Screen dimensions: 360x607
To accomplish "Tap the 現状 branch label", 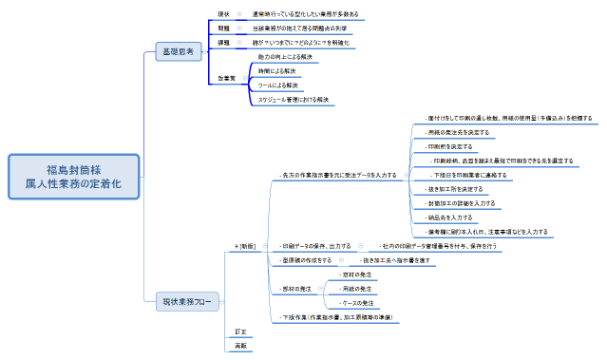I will [x=224, y=15].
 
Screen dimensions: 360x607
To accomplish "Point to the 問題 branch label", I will [x=224, y=29].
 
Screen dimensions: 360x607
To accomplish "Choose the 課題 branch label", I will [x=224, y=43].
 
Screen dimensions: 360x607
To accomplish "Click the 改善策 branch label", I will [x=228, y=78].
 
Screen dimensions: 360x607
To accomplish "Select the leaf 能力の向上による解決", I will [x=285, y=57].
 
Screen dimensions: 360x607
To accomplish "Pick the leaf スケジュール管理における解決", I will [x=294, y=99].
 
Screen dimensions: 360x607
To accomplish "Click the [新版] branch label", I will [x=247, y=245].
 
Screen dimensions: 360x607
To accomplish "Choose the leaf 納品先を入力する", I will [x=449, y=218].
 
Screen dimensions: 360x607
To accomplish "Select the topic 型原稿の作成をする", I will [x=306, y=258].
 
